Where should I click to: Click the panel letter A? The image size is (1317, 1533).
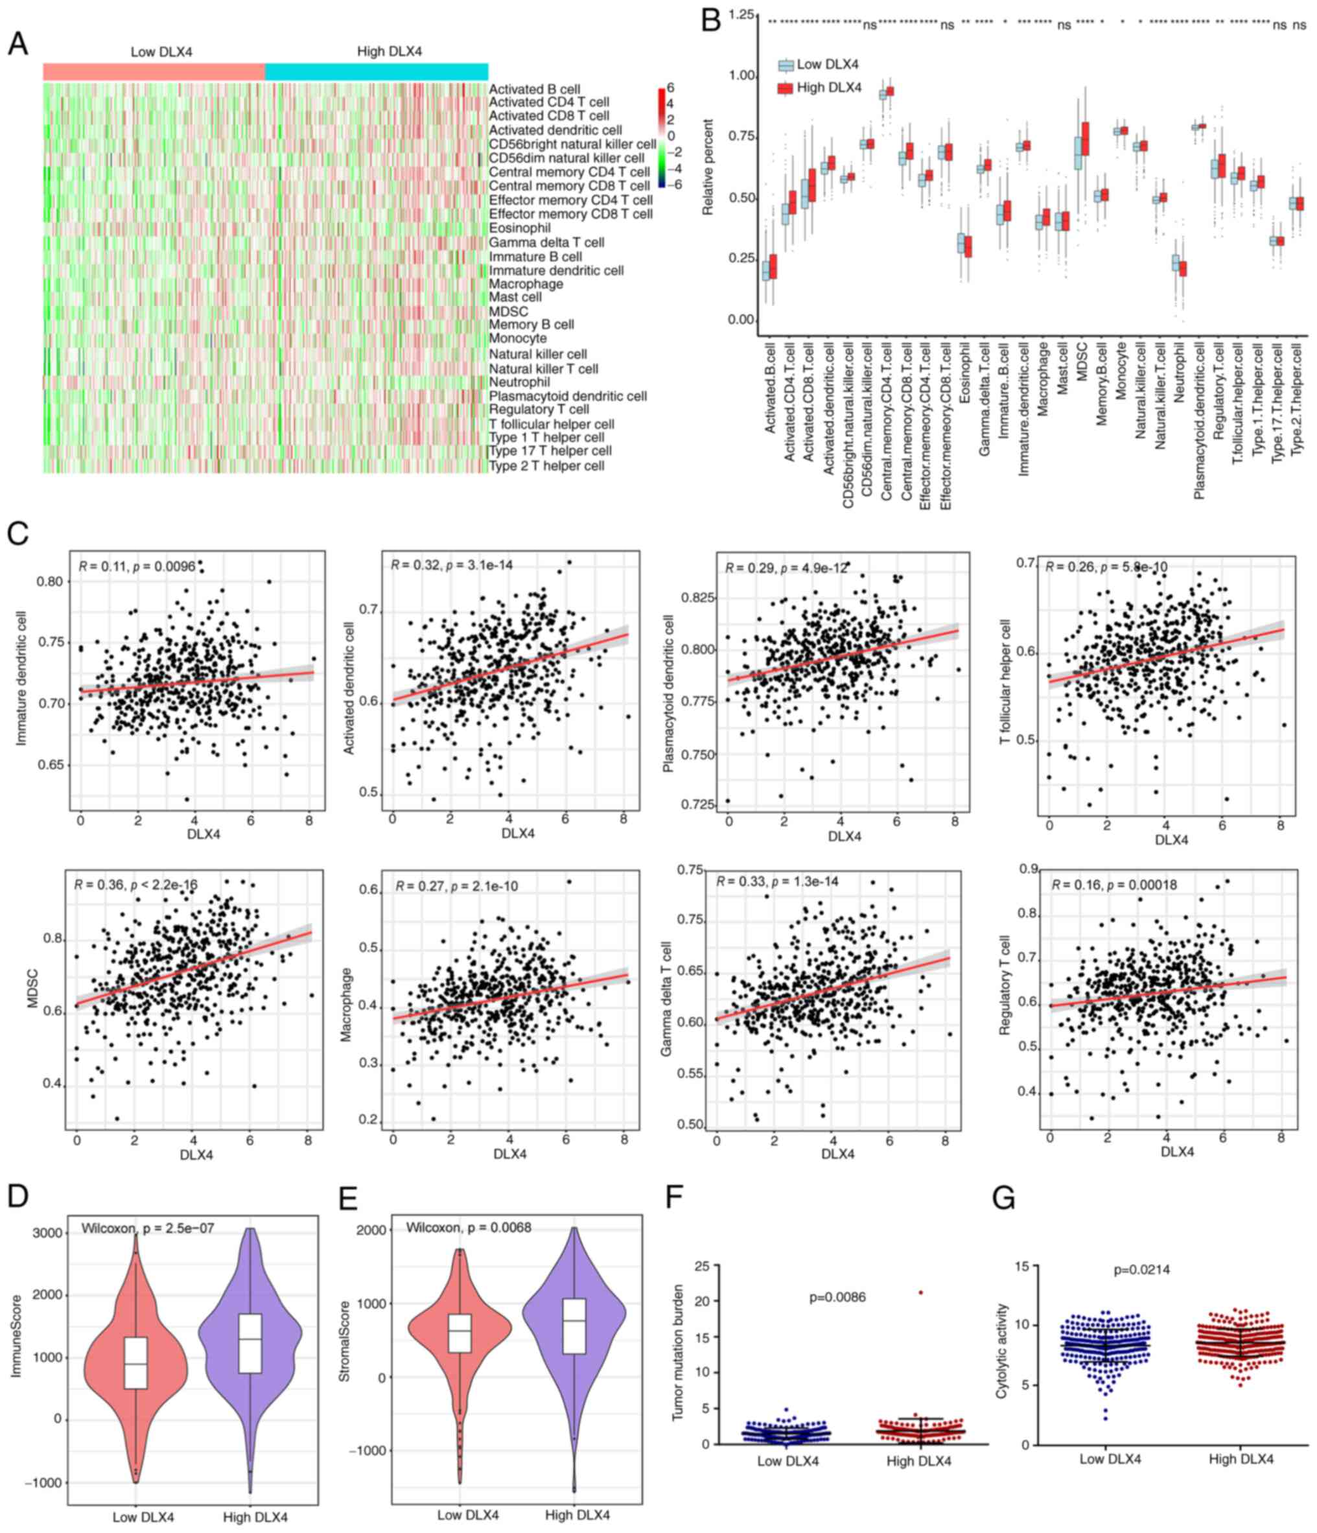17,43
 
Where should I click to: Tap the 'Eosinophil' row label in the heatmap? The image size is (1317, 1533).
519,228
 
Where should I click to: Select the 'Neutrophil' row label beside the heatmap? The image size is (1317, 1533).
519,382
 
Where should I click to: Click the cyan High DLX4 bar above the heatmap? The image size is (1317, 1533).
376,72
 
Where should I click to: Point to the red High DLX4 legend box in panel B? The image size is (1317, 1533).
786,89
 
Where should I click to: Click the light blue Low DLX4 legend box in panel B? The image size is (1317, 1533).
786,65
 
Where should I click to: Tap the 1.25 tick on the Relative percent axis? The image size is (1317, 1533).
741,15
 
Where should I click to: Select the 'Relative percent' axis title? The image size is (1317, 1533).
708,167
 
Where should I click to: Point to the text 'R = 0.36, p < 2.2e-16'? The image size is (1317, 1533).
135,884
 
